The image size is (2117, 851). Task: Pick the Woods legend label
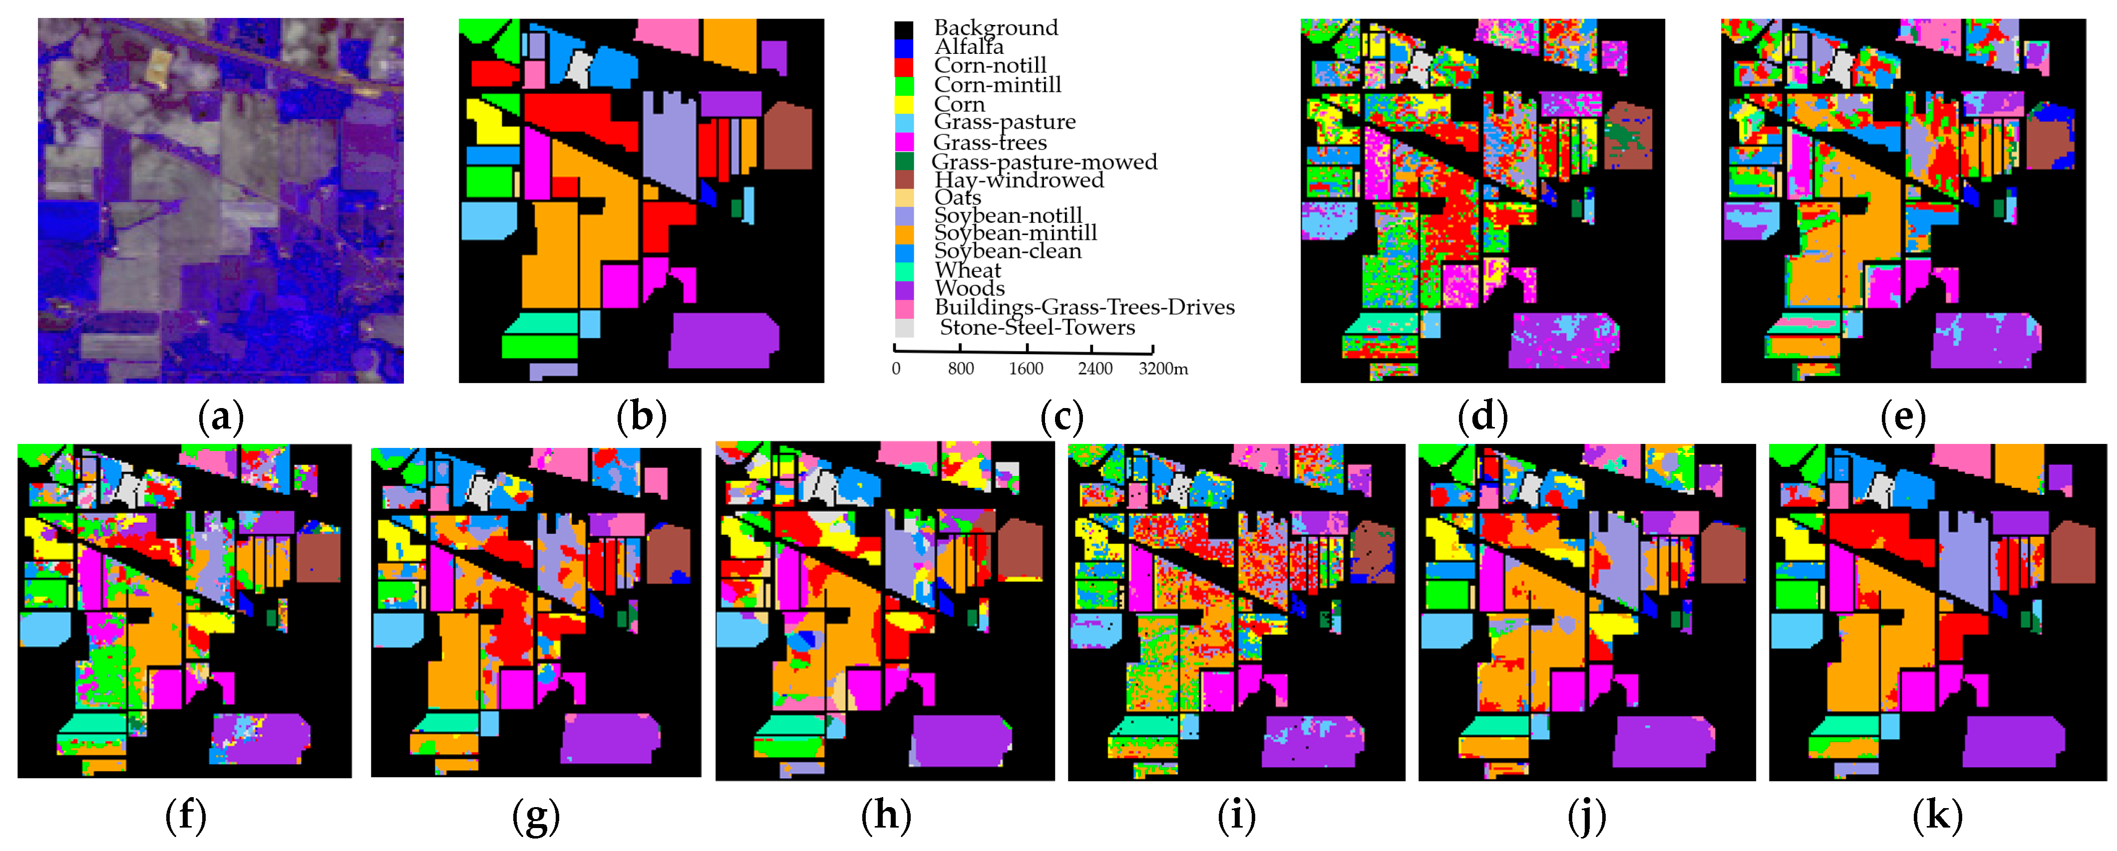click(969, 288)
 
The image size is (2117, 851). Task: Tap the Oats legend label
click(958, 198)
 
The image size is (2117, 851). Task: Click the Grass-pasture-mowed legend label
click(1044, 162)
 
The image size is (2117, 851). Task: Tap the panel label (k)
click(1937, 816)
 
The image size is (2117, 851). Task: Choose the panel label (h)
click(886, 816)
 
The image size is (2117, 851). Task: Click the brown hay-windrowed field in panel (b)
click(788, 136)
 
